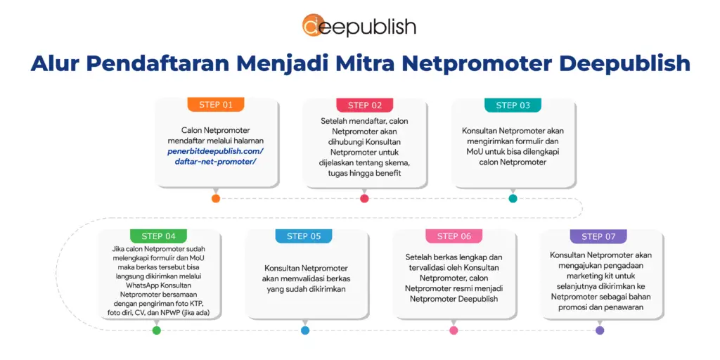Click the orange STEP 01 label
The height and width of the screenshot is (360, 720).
(x=215, y=105)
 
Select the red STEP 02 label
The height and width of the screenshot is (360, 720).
(x=364, y=105)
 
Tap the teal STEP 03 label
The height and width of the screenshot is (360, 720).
(x=513, y=105)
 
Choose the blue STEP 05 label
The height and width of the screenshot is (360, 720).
(x=304, y=236)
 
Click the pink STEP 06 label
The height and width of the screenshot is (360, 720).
(x=454, y=236)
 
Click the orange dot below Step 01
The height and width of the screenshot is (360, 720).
(x=216, y=198)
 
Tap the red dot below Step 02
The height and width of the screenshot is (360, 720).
(x=364, y=198)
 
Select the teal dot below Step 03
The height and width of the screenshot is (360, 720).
(x=513, y=198)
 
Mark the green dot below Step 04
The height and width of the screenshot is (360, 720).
(x=156, y=330)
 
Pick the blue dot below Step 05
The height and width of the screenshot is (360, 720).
(x=304, y=330)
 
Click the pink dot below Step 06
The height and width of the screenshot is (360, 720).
(x=454, y=330)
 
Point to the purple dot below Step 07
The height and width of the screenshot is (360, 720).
(x=599, y=330)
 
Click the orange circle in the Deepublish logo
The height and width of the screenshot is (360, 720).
(x=314, y=26)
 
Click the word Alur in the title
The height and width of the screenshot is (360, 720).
(x=56, y=63)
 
